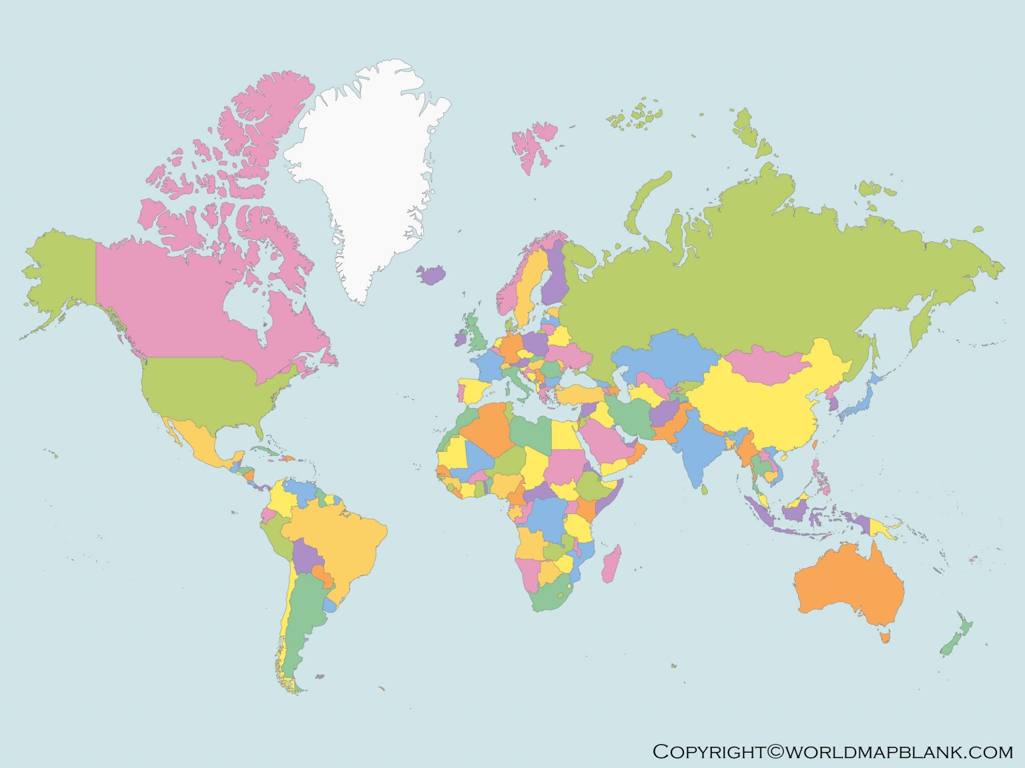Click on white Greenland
pyautogui.click(x=360, y=167)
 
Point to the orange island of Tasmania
pyautogui.click(x=886, y=637)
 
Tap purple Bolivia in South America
pyautogui.click(x=305, y=557)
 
